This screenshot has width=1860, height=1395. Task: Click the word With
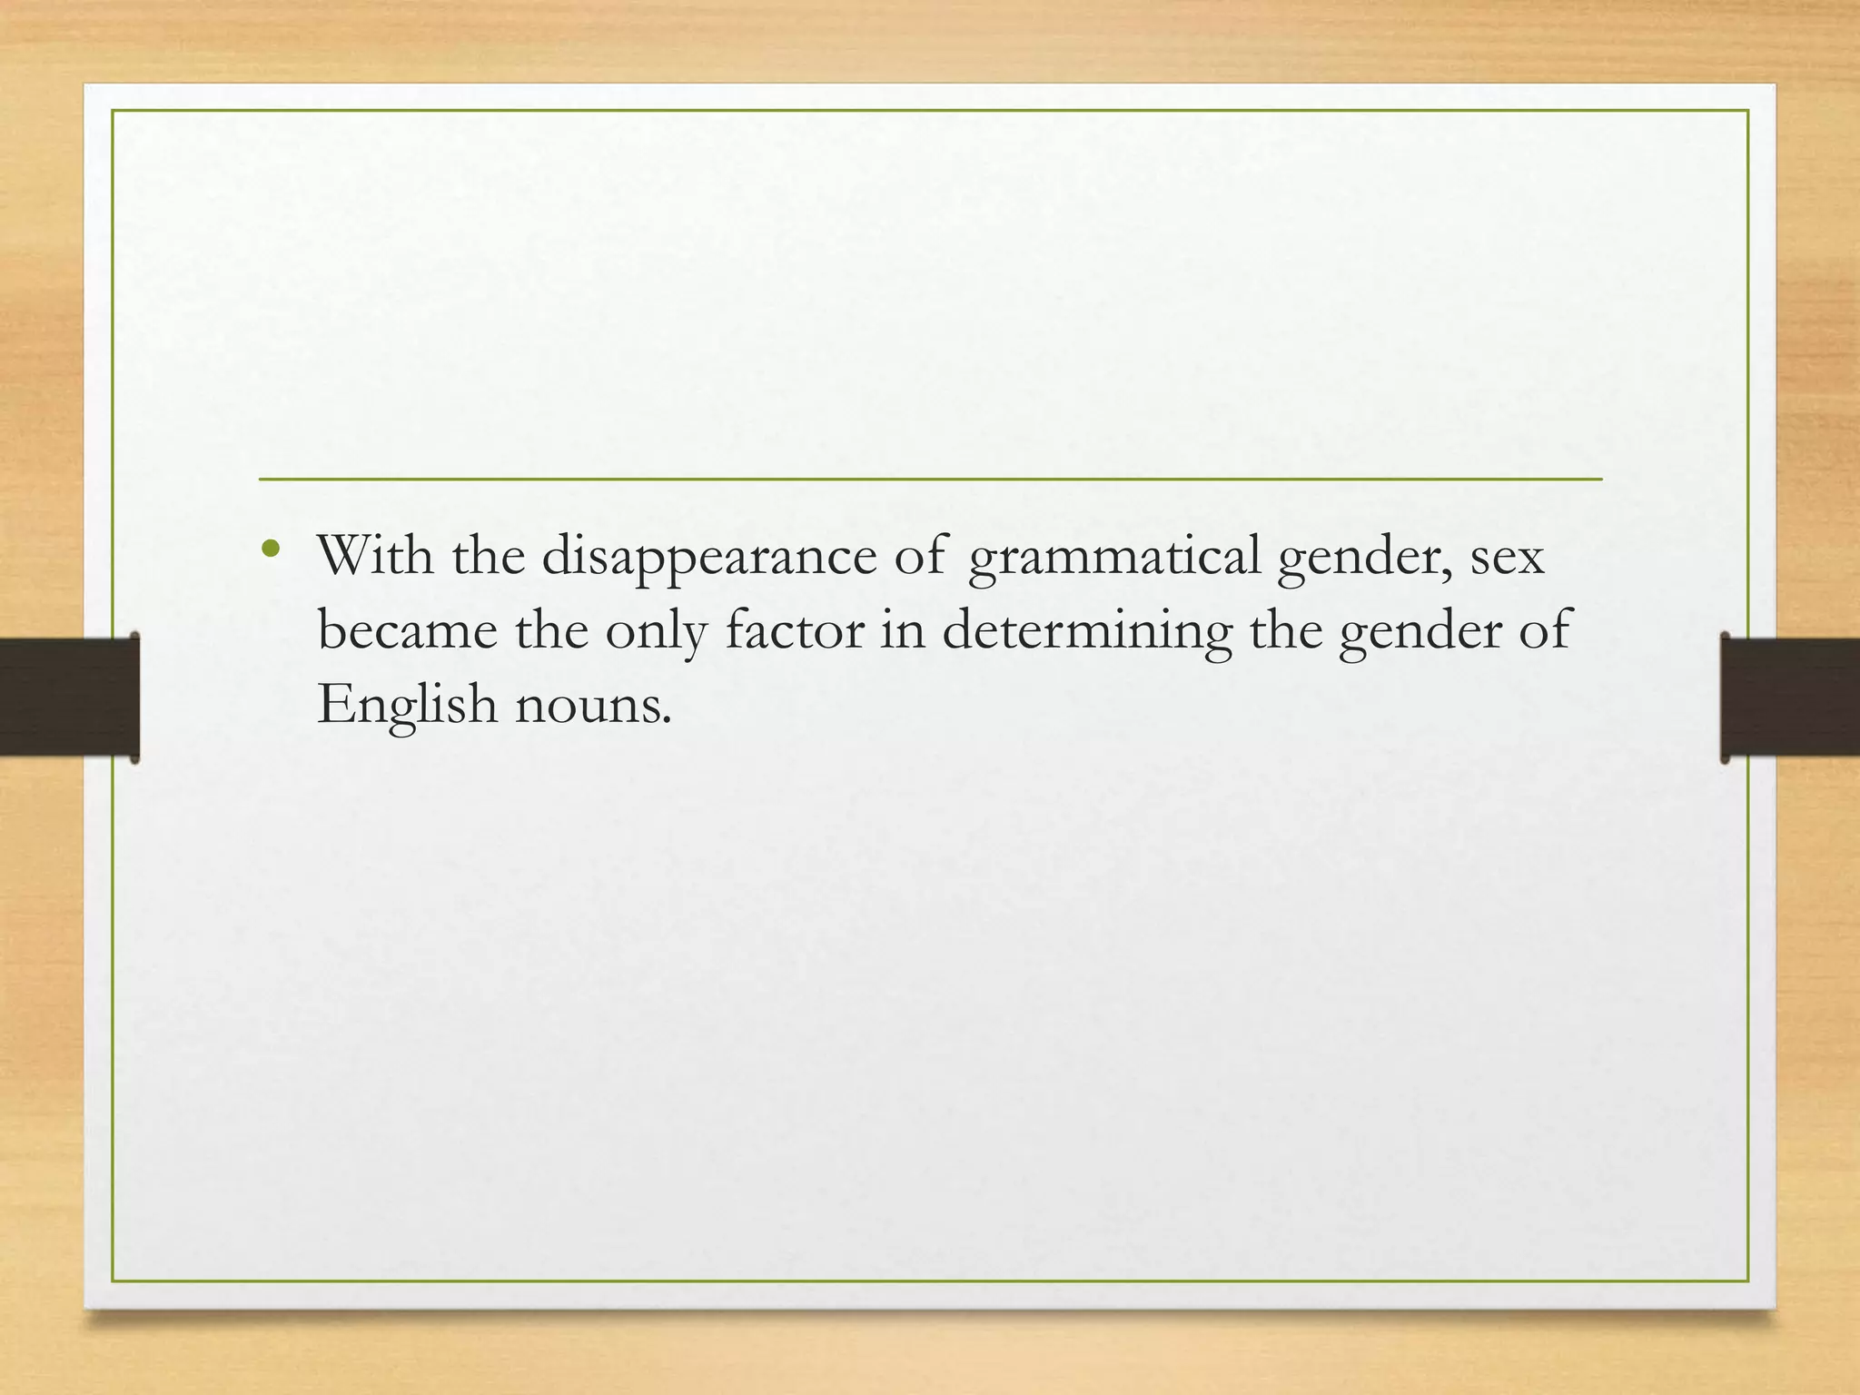coord(375,556)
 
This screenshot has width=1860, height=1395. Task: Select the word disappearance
coord(708,558)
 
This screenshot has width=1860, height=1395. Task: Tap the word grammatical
coord(1113,558)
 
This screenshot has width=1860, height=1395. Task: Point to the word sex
coord(1507,558)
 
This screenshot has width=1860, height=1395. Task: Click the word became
coord(407,630)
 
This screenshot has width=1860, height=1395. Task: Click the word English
coord(407,705)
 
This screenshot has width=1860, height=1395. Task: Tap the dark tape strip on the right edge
coord(1789,697)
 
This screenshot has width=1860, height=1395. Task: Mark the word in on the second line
coord(902,630)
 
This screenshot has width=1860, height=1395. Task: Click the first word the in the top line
coord(489,556)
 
